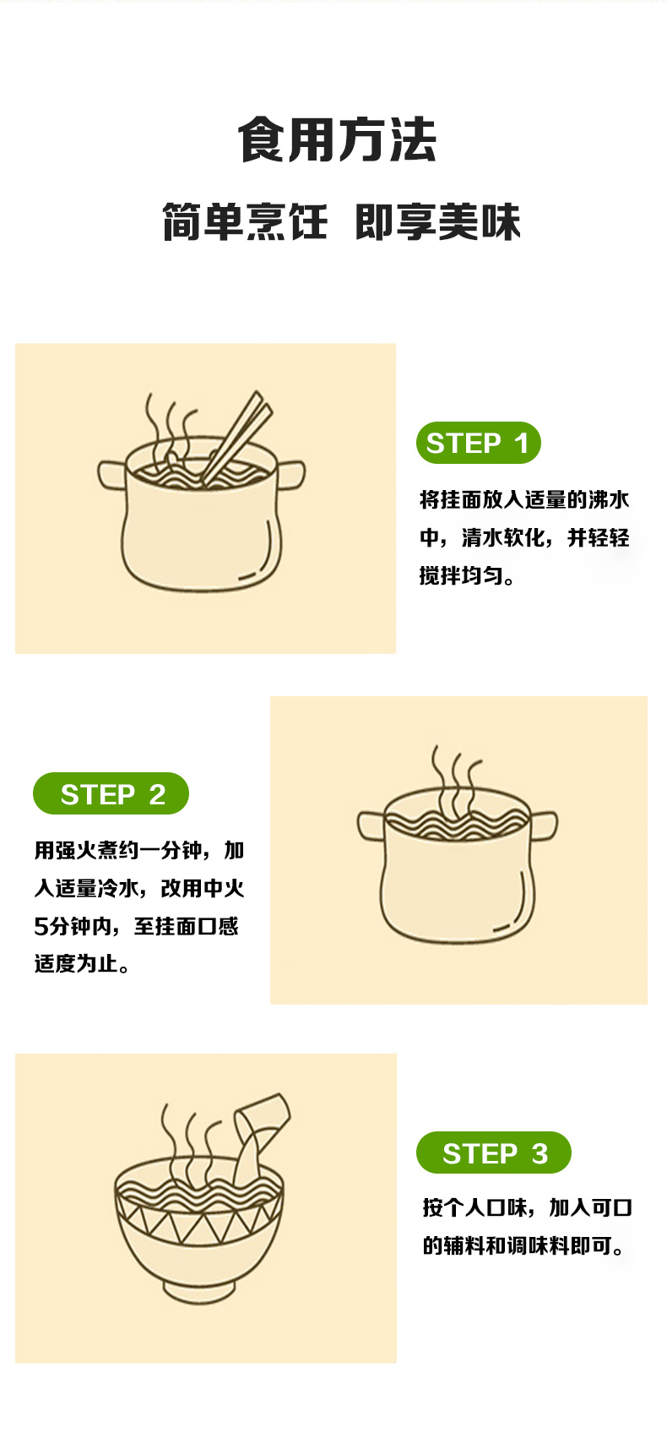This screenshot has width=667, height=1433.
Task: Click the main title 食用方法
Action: pos(336,139)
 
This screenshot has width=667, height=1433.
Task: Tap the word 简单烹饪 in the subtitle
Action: pos(245,222)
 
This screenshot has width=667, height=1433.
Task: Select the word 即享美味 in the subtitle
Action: pos(437,222)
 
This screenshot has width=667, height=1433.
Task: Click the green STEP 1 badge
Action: pos(479,443)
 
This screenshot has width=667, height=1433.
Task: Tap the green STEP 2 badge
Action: pos(111,793)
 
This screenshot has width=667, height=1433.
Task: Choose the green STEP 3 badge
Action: pos(494,1152)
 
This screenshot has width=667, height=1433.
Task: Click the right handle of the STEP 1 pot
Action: pos(290,475)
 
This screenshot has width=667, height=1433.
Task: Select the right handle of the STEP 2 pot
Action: pos(544,825)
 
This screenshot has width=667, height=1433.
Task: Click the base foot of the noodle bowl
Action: pos(199,1292)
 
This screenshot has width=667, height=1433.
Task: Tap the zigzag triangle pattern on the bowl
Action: pos(199,1221)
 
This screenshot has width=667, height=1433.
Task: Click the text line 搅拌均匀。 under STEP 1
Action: pos(467,575)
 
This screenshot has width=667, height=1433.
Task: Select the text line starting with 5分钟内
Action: pos(136,926)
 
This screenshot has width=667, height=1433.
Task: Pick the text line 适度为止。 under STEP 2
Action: pos(82,963)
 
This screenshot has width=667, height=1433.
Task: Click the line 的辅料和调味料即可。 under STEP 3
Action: pos(523,1245)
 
